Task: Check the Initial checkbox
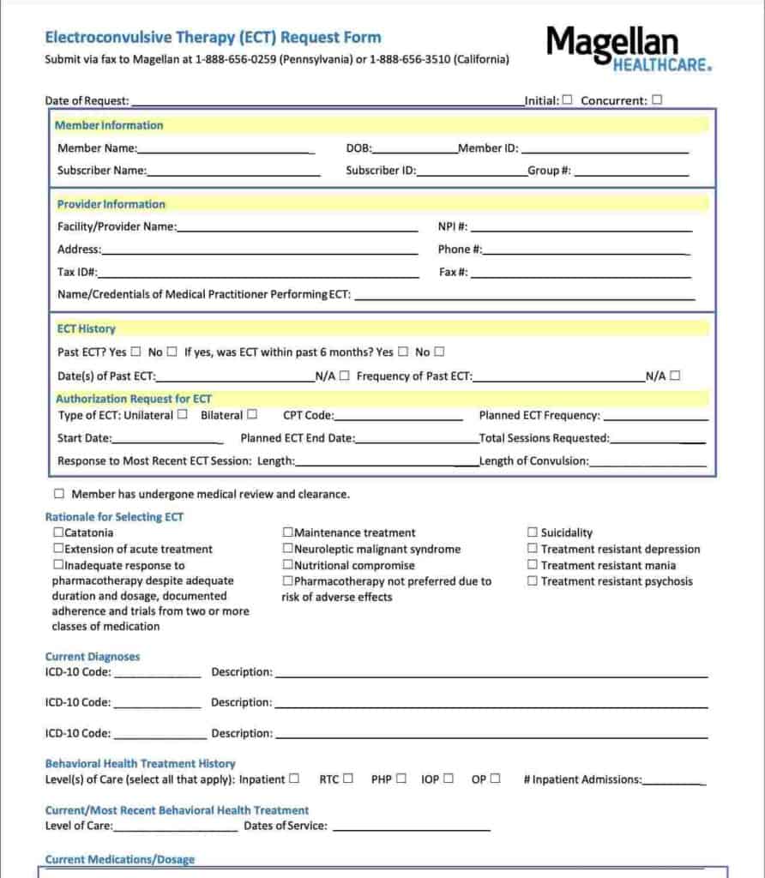pos(567,99)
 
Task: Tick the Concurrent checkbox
pos(657,99)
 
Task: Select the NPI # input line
pos(581,227)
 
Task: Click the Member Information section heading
pos(109,125)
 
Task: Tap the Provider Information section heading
pos(111,204)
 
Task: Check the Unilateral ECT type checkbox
pos(182,415)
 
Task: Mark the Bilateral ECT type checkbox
pos(252,415)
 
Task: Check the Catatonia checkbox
pos(58,532)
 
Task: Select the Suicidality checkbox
pos(533,532)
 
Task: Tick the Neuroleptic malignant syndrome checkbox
pos(288,549)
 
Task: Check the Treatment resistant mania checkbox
pos(533,565)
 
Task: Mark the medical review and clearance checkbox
pos(59,494)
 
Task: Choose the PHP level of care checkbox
pos(401,779)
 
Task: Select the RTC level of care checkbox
pos(348,779)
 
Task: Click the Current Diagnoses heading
pos(93,657)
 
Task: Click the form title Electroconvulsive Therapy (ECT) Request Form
pos(213,38)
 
